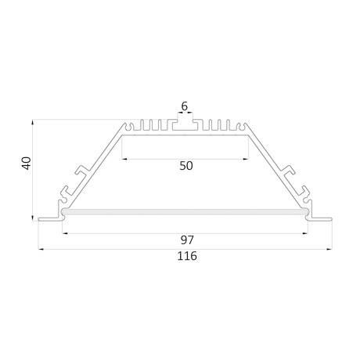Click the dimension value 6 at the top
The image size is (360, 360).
tap(185, 106)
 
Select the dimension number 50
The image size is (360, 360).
tap(186, 166)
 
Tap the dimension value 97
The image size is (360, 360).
tap(187, 240)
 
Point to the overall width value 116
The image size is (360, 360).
tap(187, 256)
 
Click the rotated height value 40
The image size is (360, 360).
tap(27, 164)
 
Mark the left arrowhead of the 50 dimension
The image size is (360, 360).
tap(124, 159)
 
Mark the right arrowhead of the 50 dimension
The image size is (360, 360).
tap(246, 159)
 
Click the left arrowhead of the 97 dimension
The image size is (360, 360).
tap(65, 233)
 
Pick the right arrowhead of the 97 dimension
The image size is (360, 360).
tap(305, 233)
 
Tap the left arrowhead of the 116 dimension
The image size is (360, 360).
tap(41, 250)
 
